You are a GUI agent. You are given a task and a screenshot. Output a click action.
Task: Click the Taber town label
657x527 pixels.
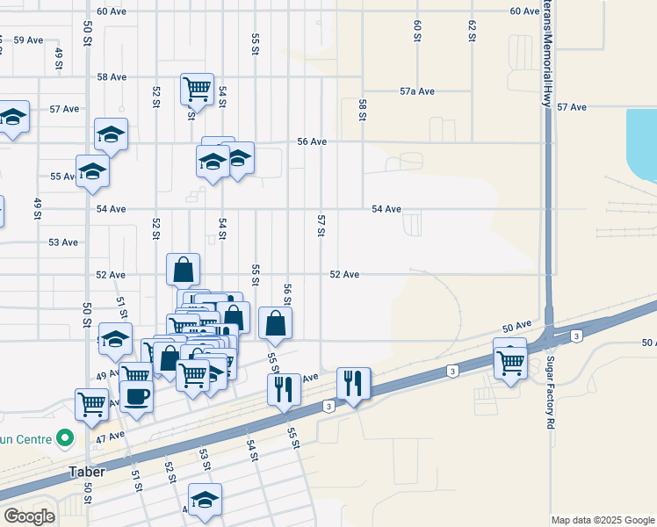[88, 472]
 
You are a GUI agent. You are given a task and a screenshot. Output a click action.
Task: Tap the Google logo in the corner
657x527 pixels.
[29, 516]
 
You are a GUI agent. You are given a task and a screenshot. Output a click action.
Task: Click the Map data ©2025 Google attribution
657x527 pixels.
[603, 520]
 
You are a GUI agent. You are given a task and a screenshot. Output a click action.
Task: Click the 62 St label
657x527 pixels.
[472, 31]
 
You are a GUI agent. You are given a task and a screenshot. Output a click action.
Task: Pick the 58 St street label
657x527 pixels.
[361, 110]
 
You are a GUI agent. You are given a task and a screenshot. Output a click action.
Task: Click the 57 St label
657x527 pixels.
[321, 225]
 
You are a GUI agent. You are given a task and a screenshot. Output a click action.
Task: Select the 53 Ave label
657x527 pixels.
[63, 242]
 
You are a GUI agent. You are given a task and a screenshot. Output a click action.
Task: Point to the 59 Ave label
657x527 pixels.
[28, 40]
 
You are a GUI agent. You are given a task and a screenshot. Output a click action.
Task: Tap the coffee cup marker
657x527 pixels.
[136, 396]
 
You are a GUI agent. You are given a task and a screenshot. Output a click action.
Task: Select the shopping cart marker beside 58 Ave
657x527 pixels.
[197, 88]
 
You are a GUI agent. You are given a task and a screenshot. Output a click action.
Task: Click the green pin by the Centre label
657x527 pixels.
[63, 437]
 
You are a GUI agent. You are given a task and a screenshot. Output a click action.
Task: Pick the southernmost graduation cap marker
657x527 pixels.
[205, 500]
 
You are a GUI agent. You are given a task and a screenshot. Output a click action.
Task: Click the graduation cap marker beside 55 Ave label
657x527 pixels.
[91, 170]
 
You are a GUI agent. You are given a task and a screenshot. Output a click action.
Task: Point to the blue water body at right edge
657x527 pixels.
[642, 141]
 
